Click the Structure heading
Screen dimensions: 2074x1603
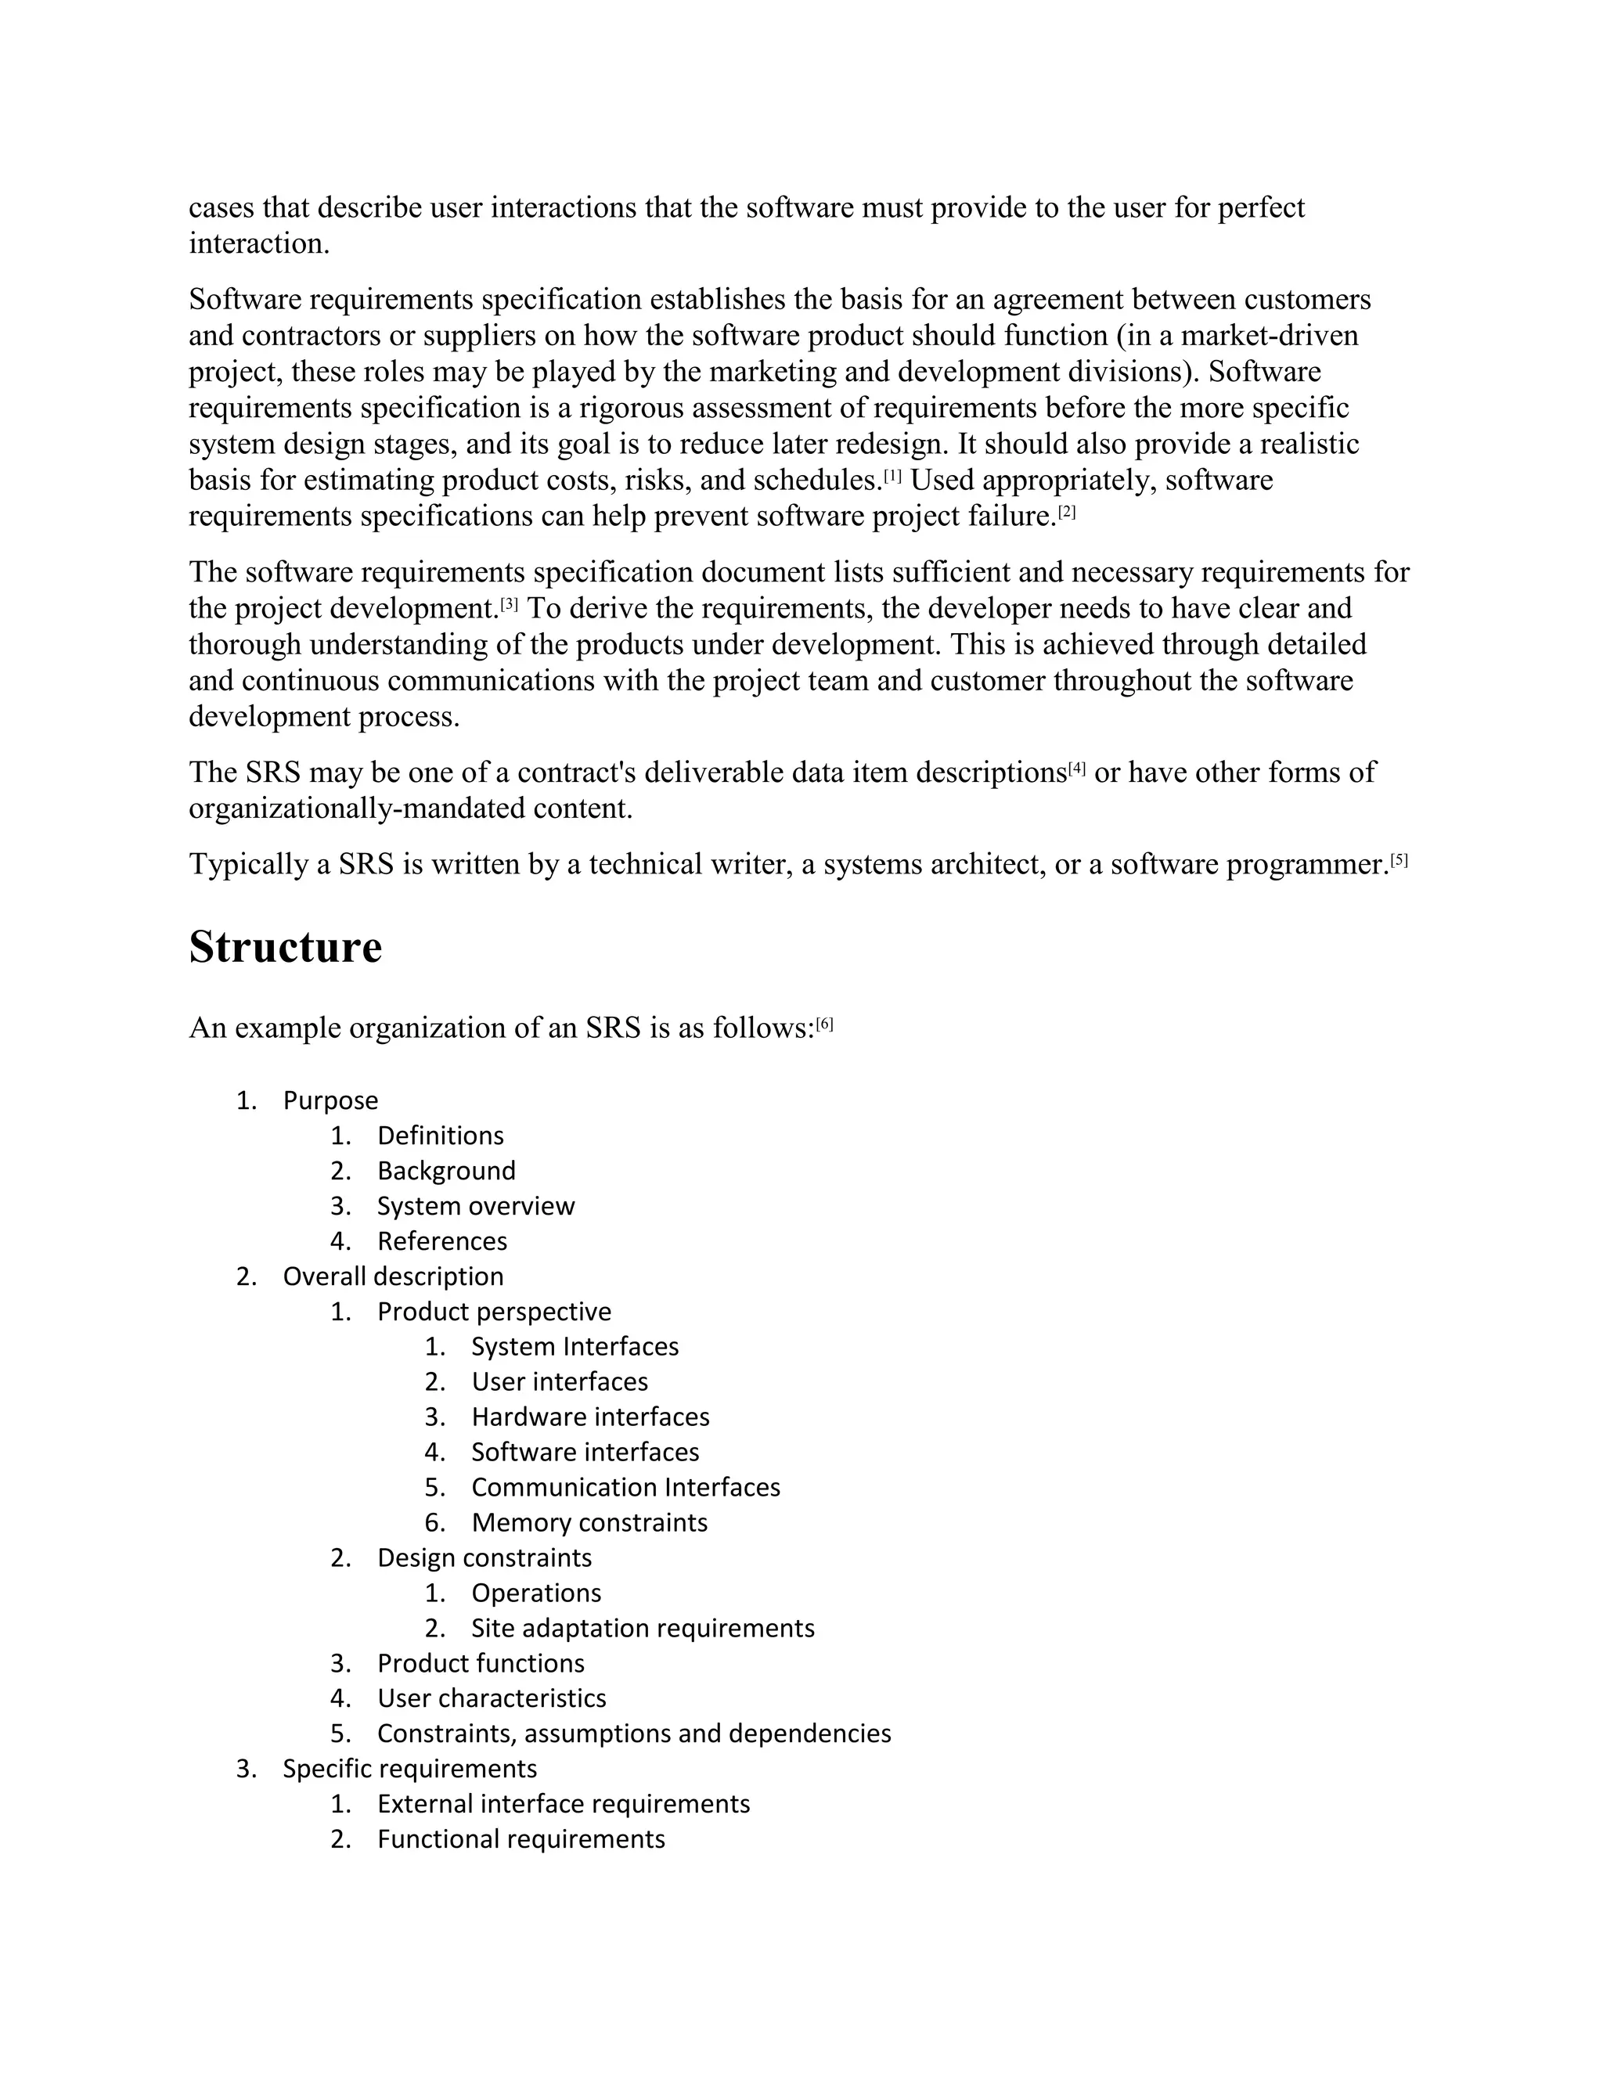285,948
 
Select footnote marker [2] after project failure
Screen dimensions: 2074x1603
1068,512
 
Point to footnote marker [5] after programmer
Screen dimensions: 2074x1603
1399,860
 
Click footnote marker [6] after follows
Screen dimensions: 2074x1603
824,1024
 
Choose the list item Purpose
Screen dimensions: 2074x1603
330,1100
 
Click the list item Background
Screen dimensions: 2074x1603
445,1171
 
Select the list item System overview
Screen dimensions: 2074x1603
475,1206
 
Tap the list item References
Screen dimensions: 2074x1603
441,1241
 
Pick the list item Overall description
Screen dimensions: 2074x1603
392,1276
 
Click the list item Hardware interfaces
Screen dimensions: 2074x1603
589,1417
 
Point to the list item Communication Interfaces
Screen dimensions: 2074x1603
625,1487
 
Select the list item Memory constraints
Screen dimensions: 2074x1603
589,1522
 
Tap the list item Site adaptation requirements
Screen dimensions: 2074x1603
642,1628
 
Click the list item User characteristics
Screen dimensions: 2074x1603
491,1698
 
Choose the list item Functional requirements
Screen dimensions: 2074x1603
521,1838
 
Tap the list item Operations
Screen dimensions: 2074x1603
535,1593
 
